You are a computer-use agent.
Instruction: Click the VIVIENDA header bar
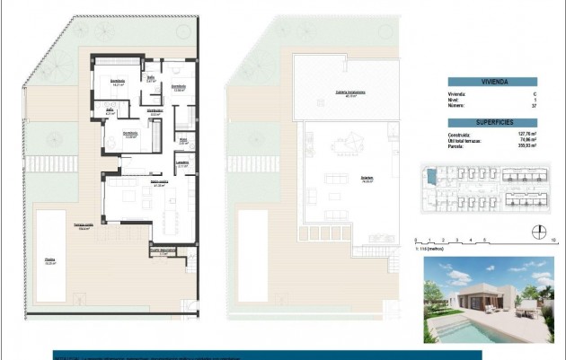[x=492, y=82]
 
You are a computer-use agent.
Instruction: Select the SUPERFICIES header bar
[x=492, y=122]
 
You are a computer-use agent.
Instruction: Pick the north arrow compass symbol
[x=536, y=228]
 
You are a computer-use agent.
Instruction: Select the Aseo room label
[x=182, y=141]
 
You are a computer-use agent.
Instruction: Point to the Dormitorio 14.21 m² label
[x=118, y=82]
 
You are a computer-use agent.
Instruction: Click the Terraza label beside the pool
[x=86, y=227]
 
